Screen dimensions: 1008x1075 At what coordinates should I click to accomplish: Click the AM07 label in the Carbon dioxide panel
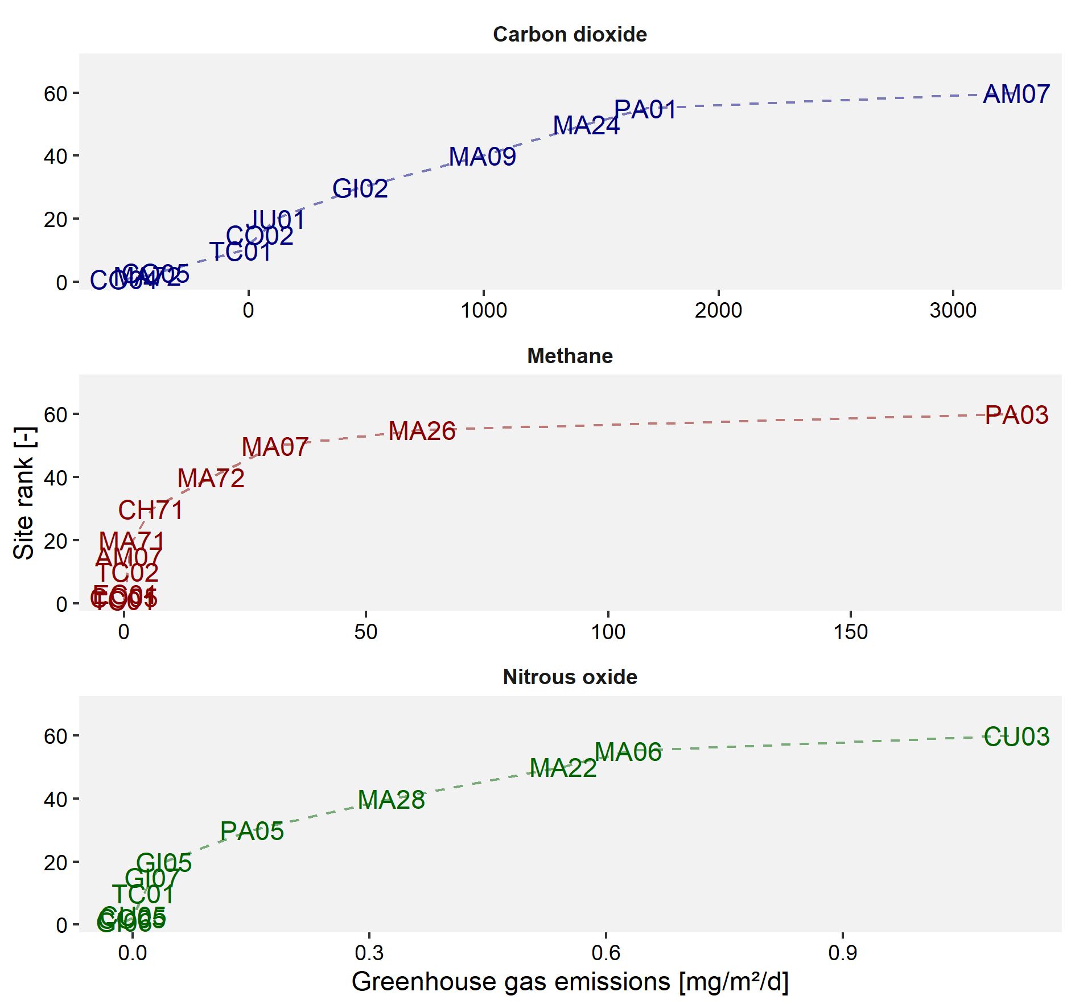click(x=1016, y=94)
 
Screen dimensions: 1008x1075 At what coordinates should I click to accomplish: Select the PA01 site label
click(x=645, y=110)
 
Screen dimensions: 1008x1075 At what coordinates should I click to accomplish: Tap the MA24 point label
click(x=586, y=126)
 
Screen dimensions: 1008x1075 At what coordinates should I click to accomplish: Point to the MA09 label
click(x=483, y=157)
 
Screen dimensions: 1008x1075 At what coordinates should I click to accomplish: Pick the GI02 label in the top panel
click(x=360, y=189)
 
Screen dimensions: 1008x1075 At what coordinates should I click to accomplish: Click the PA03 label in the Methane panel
click(x=1016, y=415)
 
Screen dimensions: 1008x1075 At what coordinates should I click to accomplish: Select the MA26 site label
click(x=422, y=431)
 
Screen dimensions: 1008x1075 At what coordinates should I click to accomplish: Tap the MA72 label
click(x=211, y=479)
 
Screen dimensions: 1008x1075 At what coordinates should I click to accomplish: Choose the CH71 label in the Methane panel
click(x=151, y=511)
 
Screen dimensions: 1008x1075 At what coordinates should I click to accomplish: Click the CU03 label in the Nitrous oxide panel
click(x=1016, y=737)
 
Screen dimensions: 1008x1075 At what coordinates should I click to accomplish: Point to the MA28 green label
click(x=392, y=800)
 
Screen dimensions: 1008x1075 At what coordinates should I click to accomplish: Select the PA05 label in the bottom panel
click(x=252, y=832)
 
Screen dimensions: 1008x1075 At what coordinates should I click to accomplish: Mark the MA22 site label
click(x=563, y=768)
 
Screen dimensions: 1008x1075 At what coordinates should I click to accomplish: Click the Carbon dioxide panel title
click(x=570, y=35)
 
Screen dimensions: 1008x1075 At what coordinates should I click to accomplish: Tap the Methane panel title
click(x=570, y=356)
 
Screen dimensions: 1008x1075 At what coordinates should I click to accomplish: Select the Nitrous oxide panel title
click(x=570, y=677)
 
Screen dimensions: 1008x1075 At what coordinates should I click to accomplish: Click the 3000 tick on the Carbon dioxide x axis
click(x=953, y=311)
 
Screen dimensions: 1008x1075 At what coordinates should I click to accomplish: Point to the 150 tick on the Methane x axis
click(x=850, y=632)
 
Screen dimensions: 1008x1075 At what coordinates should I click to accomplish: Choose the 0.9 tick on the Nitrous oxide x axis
click(x=842, y=953)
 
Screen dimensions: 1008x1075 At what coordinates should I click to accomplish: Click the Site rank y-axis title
click(x=24, y=493)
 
